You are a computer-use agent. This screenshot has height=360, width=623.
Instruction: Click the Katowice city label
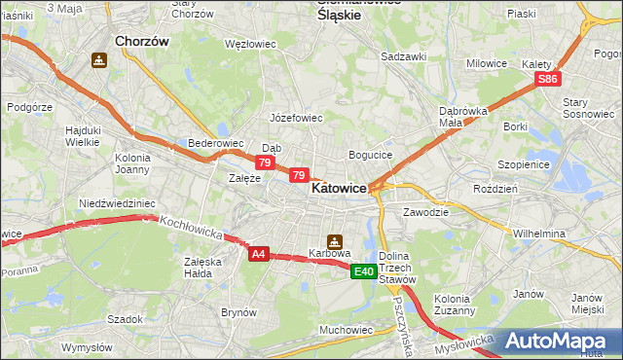(339, 190)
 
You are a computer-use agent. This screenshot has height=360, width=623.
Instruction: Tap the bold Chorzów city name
(142, 42)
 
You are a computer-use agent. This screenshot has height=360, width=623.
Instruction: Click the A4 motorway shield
(258, 254)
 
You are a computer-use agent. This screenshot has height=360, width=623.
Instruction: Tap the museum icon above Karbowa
(334, 240)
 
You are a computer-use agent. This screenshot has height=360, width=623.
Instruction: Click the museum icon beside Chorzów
(98, 60)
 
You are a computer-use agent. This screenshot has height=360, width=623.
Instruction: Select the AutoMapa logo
(556, 341)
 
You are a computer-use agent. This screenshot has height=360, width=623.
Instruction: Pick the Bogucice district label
(370, 155)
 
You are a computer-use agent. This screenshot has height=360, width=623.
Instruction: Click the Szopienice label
(524, 164)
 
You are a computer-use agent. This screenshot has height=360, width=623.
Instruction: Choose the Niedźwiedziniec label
(117, 203)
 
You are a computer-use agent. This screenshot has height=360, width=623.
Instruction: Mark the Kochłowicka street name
(192, 230)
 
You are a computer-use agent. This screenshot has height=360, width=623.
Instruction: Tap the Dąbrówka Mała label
(462, 117)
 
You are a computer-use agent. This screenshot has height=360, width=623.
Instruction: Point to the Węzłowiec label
(250, 45)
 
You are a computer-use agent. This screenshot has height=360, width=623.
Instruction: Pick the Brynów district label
(238, 312)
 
